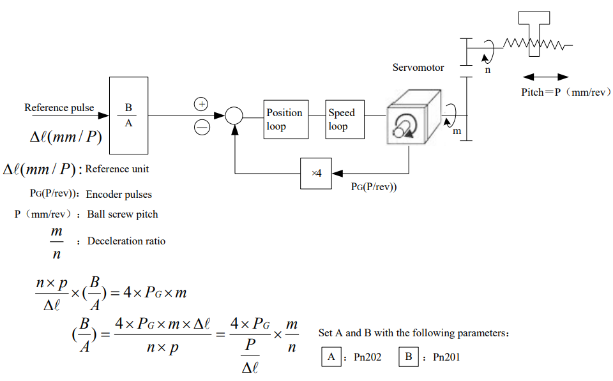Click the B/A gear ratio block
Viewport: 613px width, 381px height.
coord(128,116)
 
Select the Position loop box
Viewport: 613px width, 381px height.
coord(286,119)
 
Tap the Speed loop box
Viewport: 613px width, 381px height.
coord(345,119)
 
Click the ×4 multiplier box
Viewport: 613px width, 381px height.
coord(316,174)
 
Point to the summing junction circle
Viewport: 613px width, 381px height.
coord(234,116)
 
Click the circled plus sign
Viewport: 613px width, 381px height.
coord(201,104)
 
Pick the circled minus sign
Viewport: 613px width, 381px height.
coord(202,127)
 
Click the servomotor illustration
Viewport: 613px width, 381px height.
coord(414,117)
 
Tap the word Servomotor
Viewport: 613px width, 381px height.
coord(418,68)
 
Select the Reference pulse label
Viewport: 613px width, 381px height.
coord(59,107)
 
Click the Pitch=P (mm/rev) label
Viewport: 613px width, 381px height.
coord(566,93)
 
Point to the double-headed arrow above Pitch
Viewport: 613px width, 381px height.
coord(546,77)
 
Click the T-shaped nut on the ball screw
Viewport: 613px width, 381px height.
coord(534,33)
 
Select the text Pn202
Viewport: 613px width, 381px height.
coord(368,357)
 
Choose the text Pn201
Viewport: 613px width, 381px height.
coord(446,357)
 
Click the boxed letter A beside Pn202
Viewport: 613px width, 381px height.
coord(331,357)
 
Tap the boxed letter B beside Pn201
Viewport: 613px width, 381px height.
coord(409,357)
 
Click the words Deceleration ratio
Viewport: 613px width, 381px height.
coord(126,241)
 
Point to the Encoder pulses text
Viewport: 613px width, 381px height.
coord(119,194)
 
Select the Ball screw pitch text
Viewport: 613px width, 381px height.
coord(123,214)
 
